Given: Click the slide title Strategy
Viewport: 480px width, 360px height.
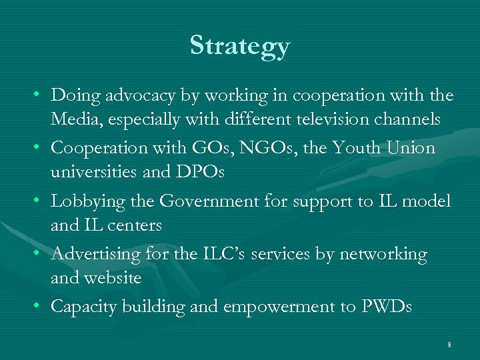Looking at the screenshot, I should pos(240,46).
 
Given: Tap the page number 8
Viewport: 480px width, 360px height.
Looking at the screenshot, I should pos(449,345).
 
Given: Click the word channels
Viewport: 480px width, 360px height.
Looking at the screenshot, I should pos(407,119).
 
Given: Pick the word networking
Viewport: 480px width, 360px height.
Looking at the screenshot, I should pos(383,254).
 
